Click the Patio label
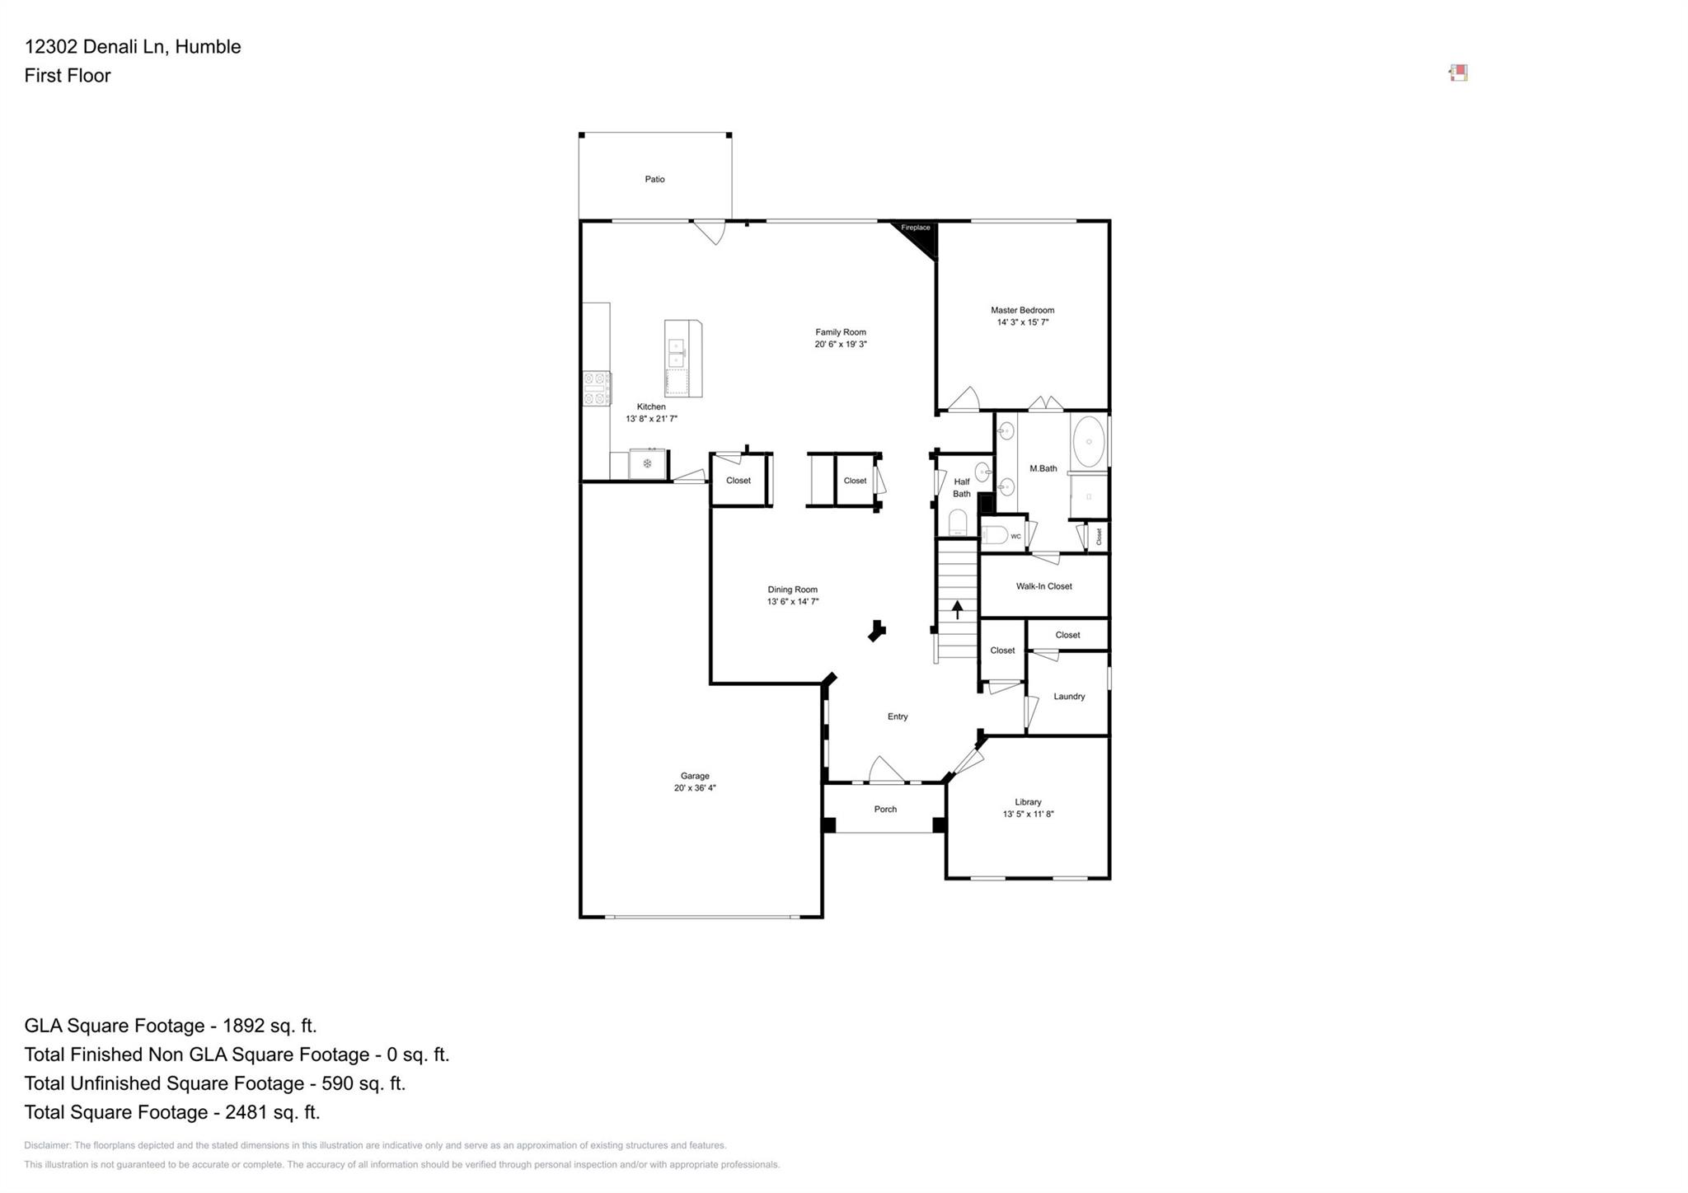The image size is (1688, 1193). pos(654,179)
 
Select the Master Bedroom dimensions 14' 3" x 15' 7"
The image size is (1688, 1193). pos(1022,322)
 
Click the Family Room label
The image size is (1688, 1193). pos(841,332)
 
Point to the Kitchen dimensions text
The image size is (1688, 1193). pos(651,419)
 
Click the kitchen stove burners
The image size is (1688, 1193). pos(596,388)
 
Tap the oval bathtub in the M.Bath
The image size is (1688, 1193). pos(1089,441)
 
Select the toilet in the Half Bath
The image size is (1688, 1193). pos(958,523)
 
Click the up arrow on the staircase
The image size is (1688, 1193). pos(957,609)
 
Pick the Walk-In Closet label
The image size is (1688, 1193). pos(1043,586)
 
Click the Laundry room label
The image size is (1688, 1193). pos(1069,697)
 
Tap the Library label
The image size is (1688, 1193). pos(1028,802)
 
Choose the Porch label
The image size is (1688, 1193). pos(885,810)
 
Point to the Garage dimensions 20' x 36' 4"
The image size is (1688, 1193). pos(695,788)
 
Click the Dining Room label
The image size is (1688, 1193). pos(792,589)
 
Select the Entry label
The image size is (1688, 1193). pos(898,716)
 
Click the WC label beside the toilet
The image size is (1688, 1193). pos(1015,537)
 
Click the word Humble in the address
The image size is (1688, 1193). pos(208,47)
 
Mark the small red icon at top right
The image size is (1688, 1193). pos(1458,73)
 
